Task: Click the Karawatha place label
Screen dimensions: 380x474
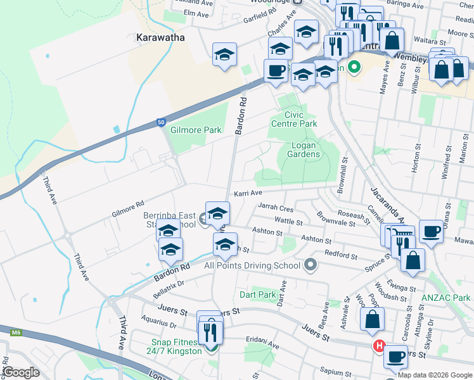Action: click(x=160, y=37)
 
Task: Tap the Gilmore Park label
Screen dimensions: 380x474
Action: click(x=196, y=130)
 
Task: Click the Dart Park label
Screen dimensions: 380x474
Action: click(x=258, y=294)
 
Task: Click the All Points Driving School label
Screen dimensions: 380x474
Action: click(x=252, y=265)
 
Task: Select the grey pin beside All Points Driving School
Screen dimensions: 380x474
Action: click(x=310, y=265)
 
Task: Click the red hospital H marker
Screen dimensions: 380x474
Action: click(x=379, y=346)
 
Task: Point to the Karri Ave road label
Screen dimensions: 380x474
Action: click(x=247, y=193)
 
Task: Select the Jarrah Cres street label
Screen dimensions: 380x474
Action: click(x=276, y=206)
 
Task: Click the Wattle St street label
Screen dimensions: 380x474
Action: click(x=288, y=220)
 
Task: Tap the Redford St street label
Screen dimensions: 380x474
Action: click(x=341, y=255)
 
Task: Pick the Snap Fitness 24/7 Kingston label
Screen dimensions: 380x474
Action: click(x=174, y=346)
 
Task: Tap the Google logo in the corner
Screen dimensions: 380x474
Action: click(x=21, y=372)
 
